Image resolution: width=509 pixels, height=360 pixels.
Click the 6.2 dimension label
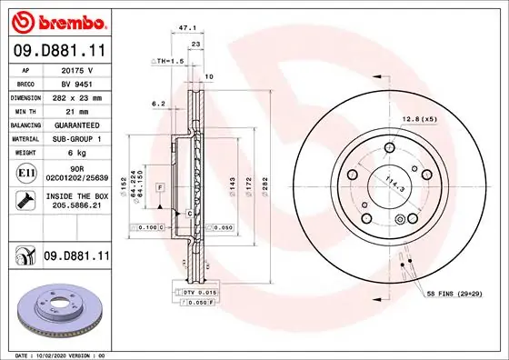click(x=156, y=104)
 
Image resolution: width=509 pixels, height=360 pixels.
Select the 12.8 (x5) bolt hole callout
click(x=421, y=119)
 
